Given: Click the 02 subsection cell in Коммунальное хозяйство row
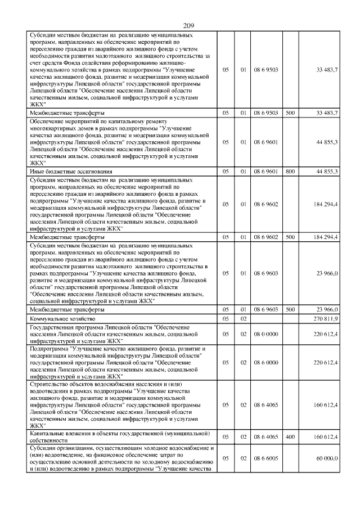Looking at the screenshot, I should tap(244, 319).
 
